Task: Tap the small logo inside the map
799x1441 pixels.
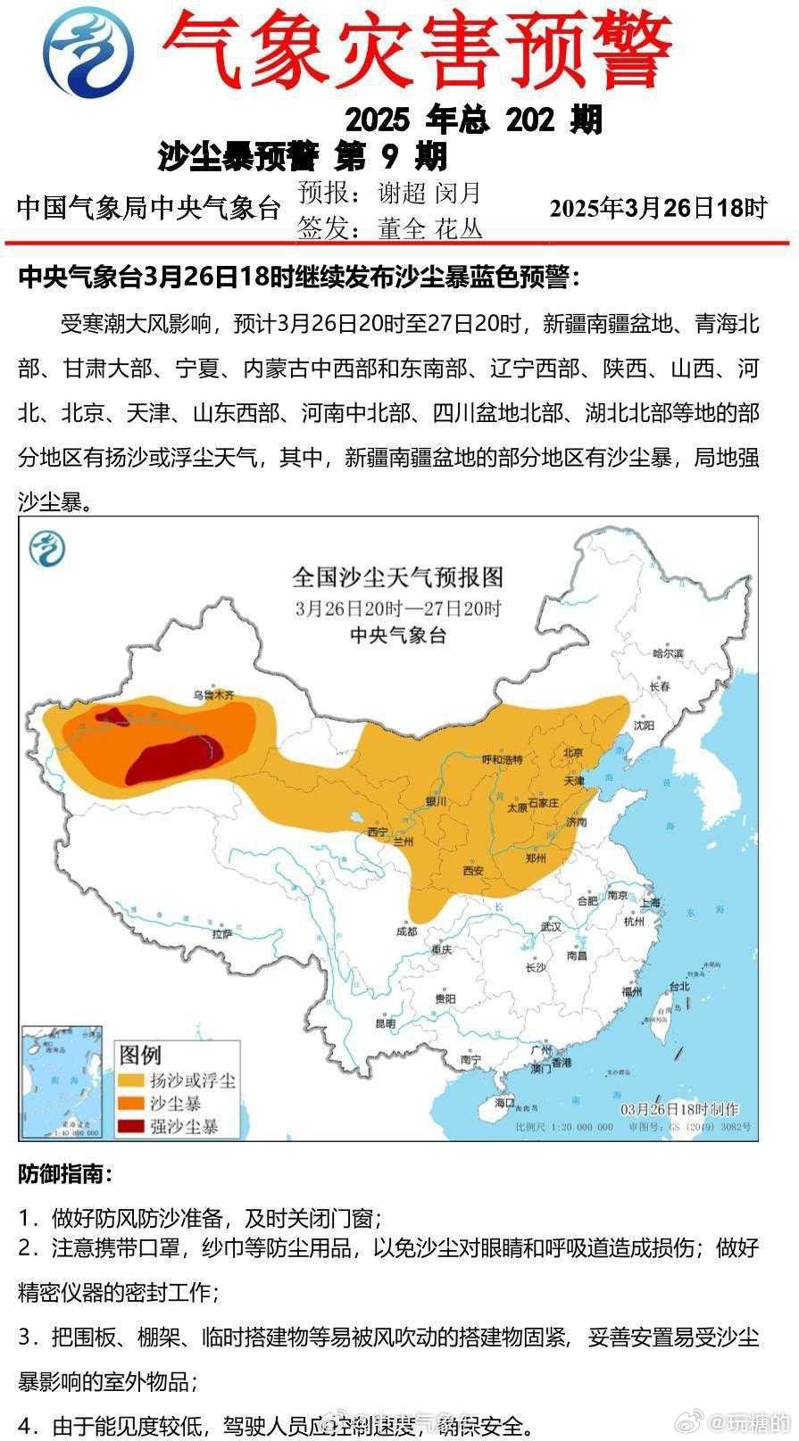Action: pyautogui.click(x=46, y=548)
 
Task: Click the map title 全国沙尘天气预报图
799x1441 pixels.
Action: pyautogui.click(x=397, y=577)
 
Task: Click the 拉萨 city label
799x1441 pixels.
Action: pyautogui.click(x=222, y=933)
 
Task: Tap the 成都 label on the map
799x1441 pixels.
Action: pyautogui.click(x=406, y=932)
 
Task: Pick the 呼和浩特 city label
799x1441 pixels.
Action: pyautogui.click(x=501, y=759)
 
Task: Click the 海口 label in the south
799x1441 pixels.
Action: pyautogui.click(x=505, y=1103)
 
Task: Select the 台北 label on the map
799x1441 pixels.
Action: pyautogui.click(x=679, y=987)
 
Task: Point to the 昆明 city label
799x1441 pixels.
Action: pyautogui.click(x=385, y=1023)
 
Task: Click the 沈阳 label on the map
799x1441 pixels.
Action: pyautogui.click(x=645, y=725)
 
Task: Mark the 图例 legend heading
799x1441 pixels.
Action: pyautogui.click(x=140, y=1056)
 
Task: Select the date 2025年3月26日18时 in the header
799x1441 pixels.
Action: pyautogui.click(x=658, y=208)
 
